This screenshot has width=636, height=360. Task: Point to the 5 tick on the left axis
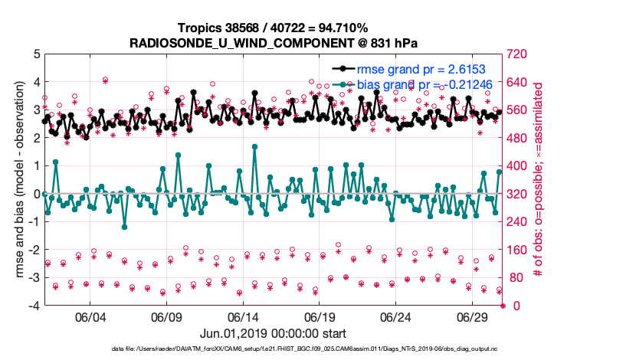pyautogui.click(x=35, y=54)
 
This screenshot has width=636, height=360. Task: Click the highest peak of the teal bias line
pyautogui.click(x=254, y=146)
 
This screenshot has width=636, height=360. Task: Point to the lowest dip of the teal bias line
pyautogui.click(x=124, y=227)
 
